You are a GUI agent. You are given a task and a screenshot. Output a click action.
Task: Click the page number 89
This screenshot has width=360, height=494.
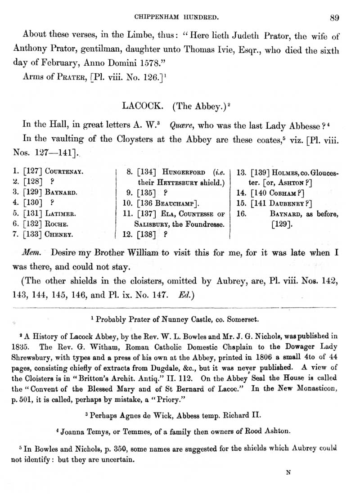[x=334, y=18]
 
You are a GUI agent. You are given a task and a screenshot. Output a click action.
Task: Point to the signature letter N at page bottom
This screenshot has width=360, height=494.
[x=288, y=472]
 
